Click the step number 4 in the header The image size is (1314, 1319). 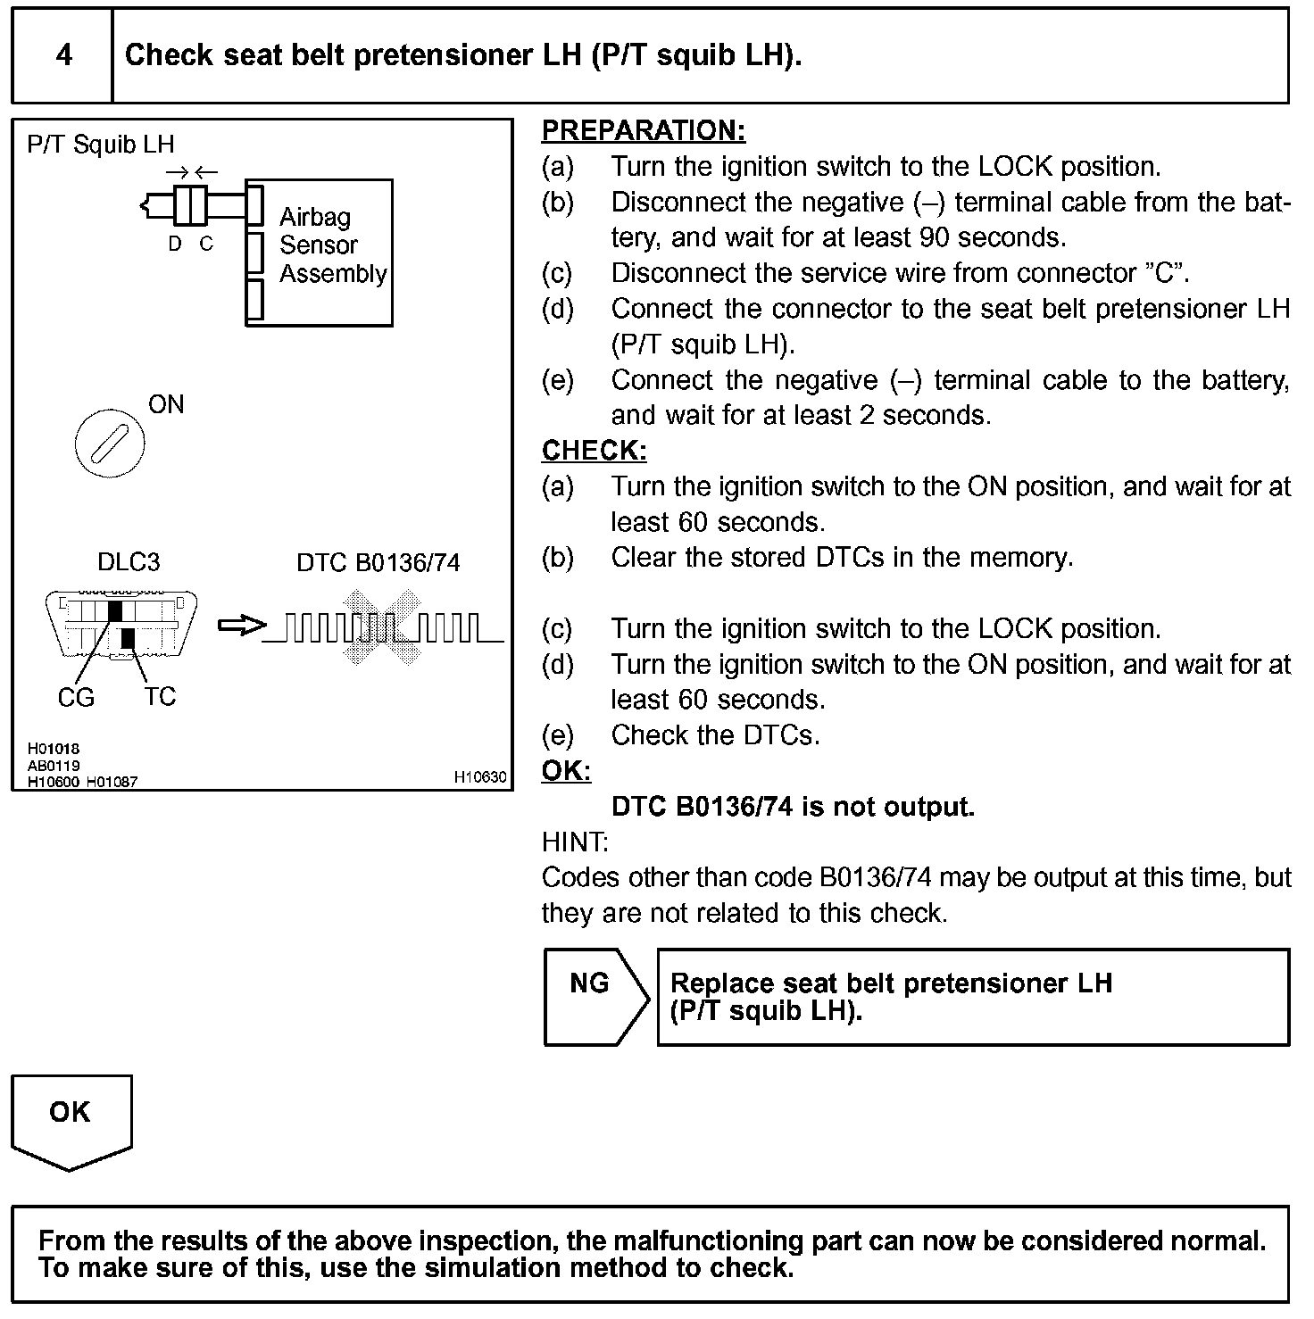point(63,55)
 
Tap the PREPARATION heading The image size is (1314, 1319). point(643,131)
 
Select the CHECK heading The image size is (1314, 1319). point(594,451)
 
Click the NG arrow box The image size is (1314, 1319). point(595,996)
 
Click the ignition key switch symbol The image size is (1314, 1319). point(110,444)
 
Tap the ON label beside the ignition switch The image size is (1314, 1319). point(166,404)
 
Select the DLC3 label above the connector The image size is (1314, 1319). point(129,561)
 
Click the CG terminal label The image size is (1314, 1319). point(76,697)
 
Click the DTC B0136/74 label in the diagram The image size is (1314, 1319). point(378,562)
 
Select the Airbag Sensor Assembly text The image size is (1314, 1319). point(332,245)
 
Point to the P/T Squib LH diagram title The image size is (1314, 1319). point(101,145)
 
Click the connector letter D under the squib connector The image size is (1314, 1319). point(175,244)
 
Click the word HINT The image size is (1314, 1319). point(575,842)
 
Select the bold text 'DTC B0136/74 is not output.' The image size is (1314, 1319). point(793,807)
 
